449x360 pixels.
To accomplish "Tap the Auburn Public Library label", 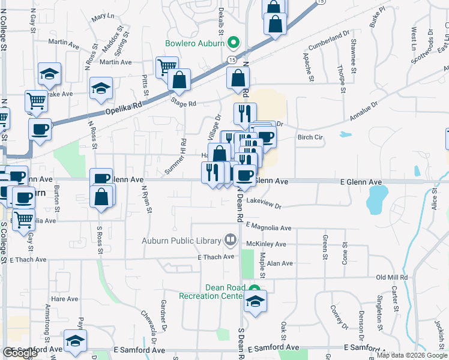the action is click(181, 241).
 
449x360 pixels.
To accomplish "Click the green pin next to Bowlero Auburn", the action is click(234, 43).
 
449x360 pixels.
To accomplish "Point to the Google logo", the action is click(20, 353).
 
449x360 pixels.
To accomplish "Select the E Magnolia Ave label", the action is click(268, 228).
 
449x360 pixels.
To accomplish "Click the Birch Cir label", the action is click(310, 137).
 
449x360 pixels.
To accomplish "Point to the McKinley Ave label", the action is click(267, 244).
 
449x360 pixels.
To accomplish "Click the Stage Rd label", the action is click(184, 103).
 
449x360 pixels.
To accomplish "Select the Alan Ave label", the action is click(280, 263).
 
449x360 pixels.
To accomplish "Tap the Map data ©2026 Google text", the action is click(412, 355).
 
